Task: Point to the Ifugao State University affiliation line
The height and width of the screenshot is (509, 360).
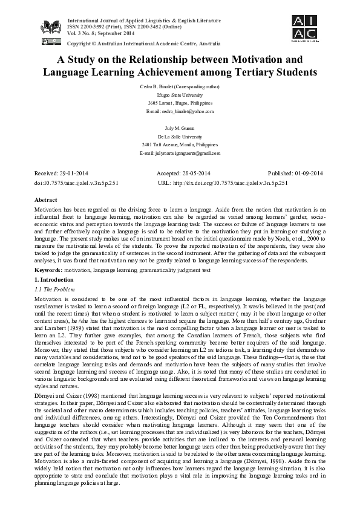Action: [x=180, y=96]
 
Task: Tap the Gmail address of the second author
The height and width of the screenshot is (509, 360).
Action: [x=180, y=154]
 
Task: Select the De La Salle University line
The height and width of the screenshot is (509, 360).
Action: [x=180, y=137]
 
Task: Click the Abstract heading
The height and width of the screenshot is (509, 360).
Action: [x=47, y=199]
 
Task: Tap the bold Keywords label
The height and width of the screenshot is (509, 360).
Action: [x=48, y=271]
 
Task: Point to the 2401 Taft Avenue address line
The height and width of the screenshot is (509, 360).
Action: [x=180, y=146]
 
